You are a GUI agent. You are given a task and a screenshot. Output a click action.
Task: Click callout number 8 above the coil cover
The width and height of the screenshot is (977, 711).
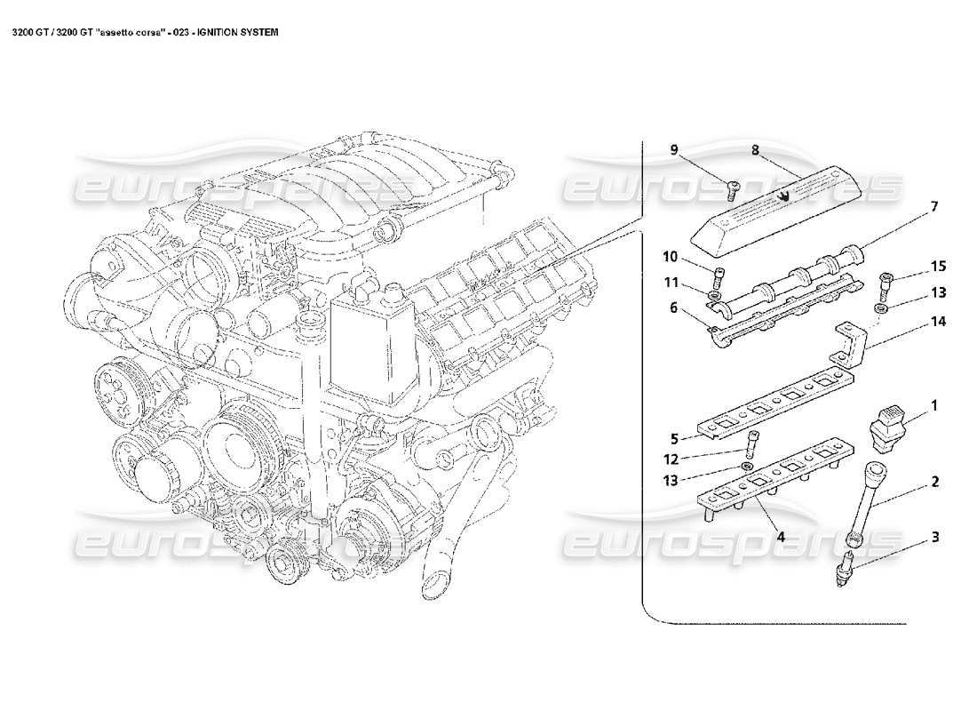coord(755,151)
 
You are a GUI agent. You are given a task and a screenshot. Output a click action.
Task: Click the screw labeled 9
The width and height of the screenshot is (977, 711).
coord(734,186)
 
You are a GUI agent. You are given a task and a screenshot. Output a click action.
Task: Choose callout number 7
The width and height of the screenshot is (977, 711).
coord(933,206)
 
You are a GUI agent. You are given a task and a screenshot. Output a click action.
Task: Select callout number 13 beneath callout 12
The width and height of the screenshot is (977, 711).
coord(670,481)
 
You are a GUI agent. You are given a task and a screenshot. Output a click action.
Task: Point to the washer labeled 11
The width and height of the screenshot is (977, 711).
coord(715,294)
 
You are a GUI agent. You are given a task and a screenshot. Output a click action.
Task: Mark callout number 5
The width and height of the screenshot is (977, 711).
coord(673,438)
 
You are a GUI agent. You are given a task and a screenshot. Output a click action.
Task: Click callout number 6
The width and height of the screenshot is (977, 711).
coord(673,307)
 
